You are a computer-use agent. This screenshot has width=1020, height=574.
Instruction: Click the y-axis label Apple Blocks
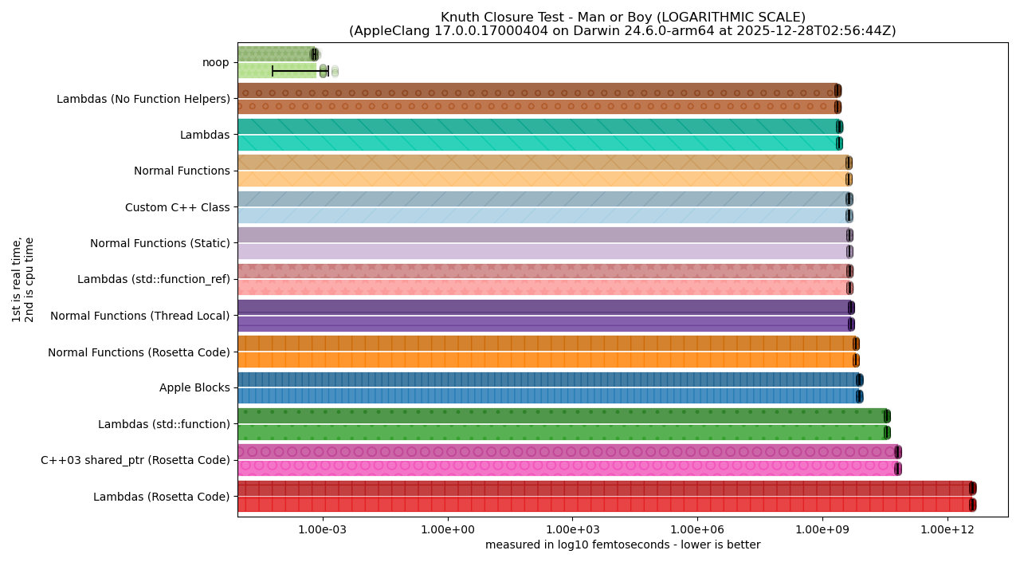[x=194, y=388]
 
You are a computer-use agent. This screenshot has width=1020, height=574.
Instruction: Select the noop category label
[x=216, y=62]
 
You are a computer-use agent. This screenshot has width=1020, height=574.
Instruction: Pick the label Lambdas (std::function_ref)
[x=153, y=280]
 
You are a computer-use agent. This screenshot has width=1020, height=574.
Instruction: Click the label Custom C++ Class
[x=177, y=207]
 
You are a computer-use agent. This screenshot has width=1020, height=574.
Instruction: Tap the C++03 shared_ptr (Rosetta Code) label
[x=135, y=460]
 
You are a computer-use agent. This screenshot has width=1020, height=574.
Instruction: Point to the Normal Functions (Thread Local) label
[x=139, y=316]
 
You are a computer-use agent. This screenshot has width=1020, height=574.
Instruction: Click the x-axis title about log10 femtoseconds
[x=622, y=545]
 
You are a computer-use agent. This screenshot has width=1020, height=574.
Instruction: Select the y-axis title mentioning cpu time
[x=23, y=280]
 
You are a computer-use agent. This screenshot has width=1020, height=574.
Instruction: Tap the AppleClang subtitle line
[x=622, y=31]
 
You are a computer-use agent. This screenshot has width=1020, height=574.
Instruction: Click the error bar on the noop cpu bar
[x=299, y=72]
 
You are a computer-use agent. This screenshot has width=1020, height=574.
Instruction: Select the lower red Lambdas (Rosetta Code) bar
[x=606, y=505]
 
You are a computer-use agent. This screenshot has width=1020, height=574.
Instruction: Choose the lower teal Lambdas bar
[x=538, y=143]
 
